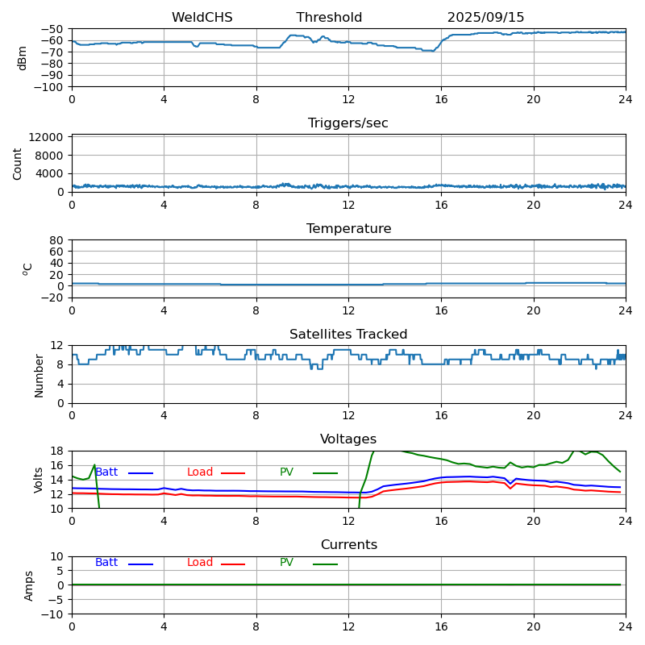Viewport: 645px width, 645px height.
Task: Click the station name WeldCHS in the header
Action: click(202, 18)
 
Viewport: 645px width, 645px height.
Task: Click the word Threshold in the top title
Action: click(329, 18)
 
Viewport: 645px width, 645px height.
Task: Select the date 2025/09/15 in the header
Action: click(485, 18)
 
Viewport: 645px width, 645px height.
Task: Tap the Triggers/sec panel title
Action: click(348, 123)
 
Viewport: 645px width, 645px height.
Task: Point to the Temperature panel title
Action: click(348, 229)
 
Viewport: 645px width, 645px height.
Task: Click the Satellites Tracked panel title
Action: click(348, 335)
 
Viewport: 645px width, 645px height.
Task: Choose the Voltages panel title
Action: click(348, 439)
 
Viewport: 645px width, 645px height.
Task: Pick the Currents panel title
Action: click(348, 545)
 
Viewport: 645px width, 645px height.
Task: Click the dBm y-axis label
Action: click(23, 58)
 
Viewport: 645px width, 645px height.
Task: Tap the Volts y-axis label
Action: click(39, 480)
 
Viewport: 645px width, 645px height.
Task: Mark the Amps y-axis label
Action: click(30, 585)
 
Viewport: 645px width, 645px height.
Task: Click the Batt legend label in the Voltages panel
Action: click(106, 472)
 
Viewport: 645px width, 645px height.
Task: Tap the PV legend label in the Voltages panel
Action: click(286, 472)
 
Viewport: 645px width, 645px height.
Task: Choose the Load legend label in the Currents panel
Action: click(200, 563)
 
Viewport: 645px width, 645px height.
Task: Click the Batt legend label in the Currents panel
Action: click(106, 563)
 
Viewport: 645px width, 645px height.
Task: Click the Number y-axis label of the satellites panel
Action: click(39, 375)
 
